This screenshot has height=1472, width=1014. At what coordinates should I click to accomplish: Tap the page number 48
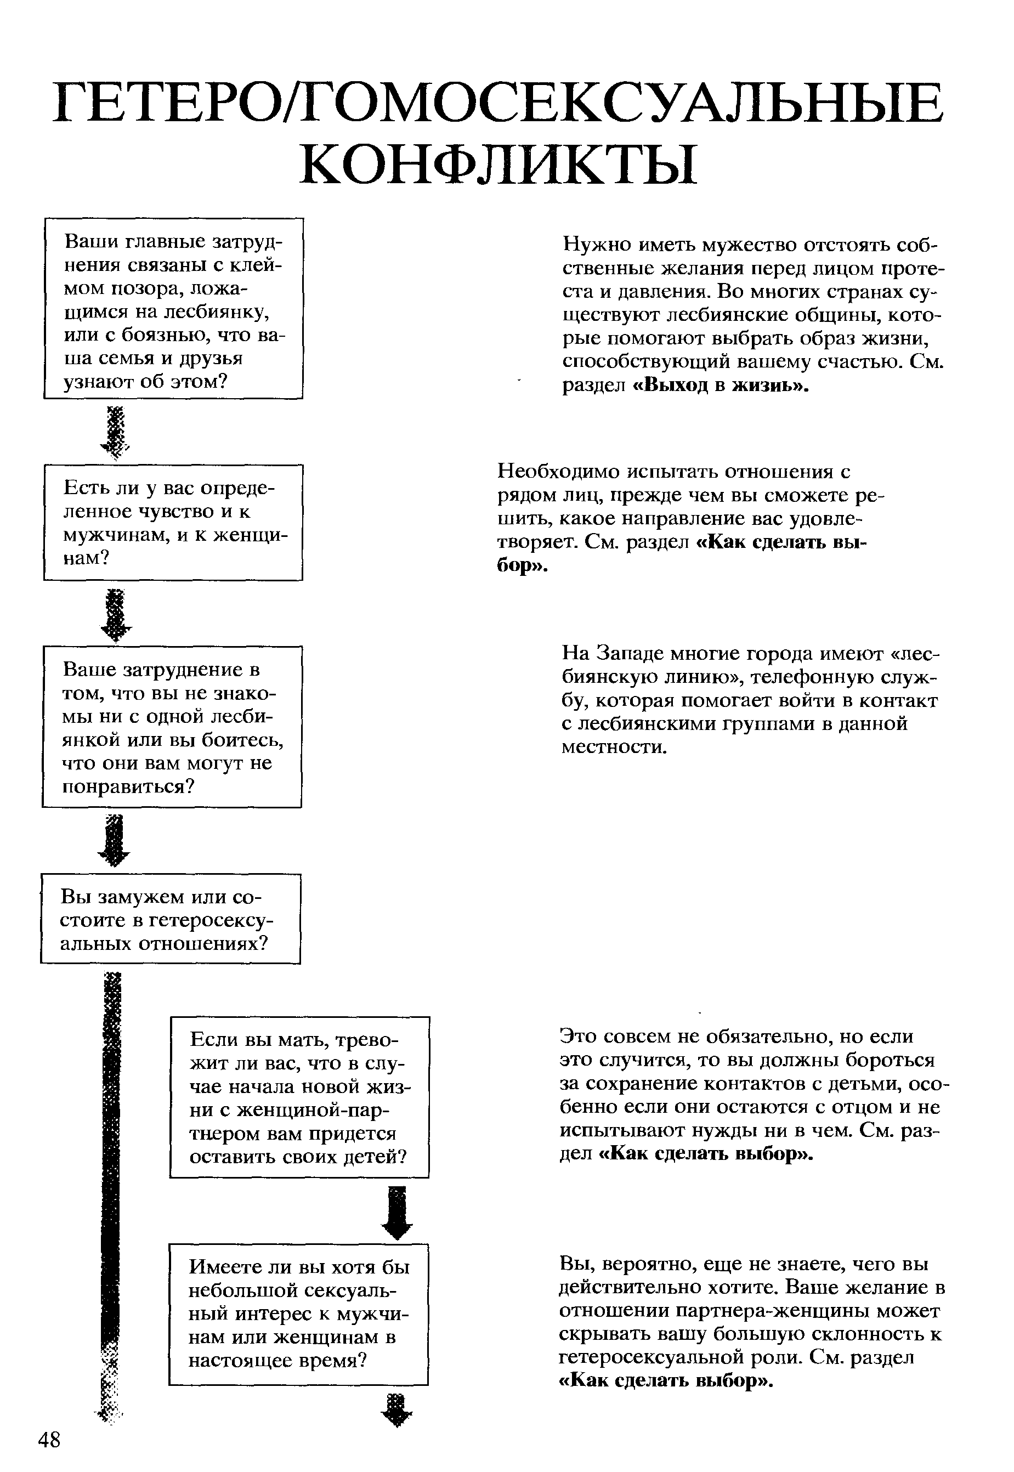pos(49,1439)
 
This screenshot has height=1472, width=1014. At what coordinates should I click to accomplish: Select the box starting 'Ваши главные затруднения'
pos(173,308)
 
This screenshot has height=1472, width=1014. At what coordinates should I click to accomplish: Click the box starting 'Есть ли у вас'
pos(173,522)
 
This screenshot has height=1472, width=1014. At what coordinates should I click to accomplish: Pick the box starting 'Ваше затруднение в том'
pos(172,727)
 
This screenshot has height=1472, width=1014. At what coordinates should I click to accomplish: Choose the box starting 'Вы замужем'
pos(170,919)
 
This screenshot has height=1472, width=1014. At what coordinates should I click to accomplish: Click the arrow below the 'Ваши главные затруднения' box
pos(116,432)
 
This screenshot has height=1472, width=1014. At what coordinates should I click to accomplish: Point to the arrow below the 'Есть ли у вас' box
pos(116,614)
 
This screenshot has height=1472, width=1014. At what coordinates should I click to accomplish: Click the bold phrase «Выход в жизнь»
pos(721,386)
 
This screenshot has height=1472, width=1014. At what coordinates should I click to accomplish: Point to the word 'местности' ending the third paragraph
pos(614,746)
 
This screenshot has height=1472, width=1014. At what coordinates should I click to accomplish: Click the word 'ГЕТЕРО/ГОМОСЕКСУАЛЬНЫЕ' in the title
pos(498,104)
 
